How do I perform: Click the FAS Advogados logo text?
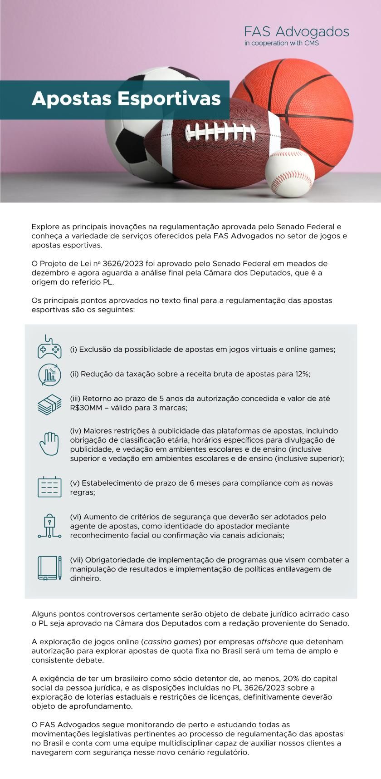click(x=297, y=32)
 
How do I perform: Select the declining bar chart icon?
click(x=49, y=375)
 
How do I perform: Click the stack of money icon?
click(x=49, y=404)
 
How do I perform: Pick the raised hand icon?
click(x=49, y=444)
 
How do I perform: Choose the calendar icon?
click(x=49, y=487)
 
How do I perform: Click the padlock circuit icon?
click(x=49, y=526)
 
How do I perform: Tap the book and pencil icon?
click(x=49, y=568)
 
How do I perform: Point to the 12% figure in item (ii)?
click(x=302, y=374)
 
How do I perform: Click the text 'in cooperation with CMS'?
click(x=281, y=44)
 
